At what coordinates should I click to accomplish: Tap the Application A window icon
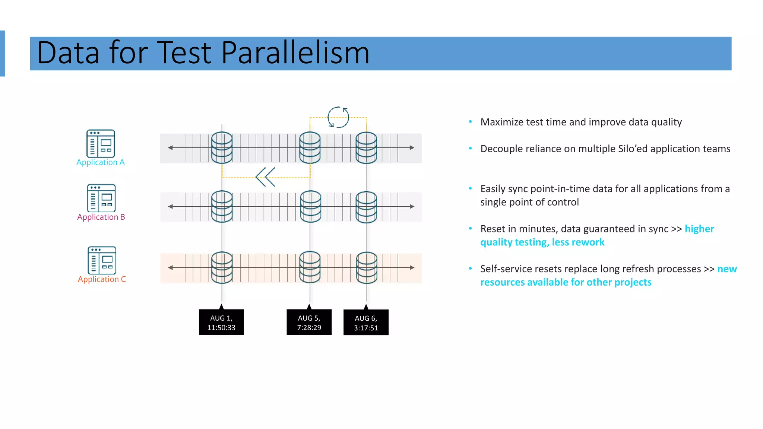tap(101, 143)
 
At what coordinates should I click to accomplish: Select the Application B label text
tap(101, 217)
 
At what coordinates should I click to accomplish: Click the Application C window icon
tap(102, 260)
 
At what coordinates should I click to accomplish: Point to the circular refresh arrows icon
tap(338, 117)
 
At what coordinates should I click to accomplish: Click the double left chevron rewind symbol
tap(265, 177)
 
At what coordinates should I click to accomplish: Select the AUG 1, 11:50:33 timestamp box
tap(221, 322)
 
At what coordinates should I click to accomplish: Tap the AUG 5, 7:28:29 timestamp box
tap(309, 322)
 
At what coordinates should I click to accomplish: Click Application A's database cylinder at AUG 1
tap(222, 148)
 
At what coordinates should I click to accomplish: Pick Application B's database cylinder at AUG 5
tap(310, 206)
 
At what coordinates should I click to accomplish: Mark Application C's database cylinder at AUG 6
tap(367, 267)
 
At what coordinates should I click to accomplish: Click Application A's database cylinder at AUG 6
tap(366, 148)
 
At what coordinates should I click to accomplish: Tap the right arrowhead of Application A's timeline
tap(412, 148)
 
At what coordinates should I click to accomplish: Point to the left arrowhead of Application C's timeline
tap(170, 267)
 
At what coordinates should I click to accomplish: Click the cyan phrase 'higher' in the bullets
tap(699, 229)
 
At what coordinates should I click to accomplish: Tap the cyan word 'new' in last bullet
tap(727, 269)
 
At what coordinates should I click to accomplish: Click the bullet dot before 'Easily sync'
tap(470, 188)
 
